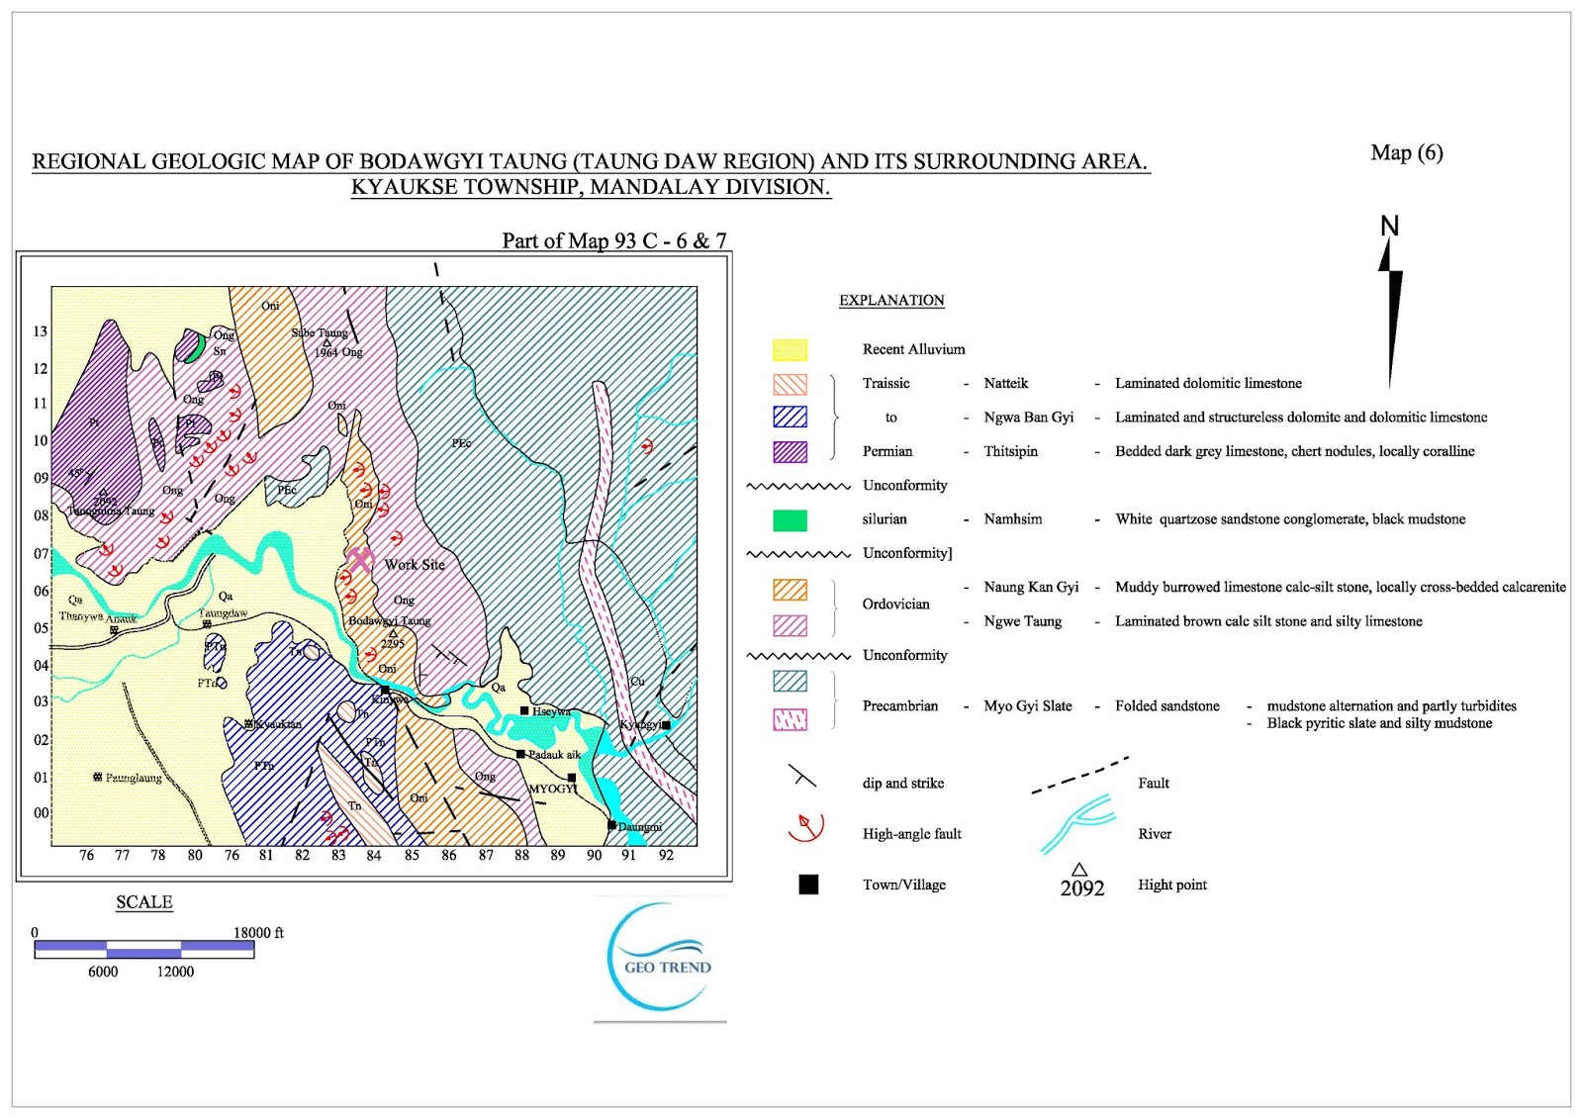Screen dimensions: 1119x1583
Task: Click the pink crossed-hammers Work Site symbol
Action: click(360, 560)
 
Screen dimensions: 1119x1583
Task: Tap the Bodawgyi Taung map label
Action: click(389, 621)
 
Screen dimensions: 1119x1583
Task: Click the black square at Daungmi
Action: click(611, 825)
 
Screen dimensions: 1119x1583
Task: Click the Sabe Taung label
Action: click(319, 333)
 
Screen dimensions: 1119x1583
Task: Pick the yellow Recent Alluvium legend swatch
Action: click(790, 349)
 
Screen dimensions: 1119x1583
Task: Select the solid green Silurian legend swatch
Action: click(790, 519)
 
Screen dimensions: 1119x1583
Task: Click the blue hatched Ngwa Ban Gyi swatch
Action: click(790, 418)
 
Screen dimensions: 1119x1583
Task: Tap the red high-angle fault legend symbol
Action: click(805, 827)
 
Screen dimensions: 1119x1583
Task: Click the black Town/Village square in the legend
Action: click(808, 885)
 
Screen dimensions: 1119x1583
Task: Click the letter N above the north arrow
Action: click(1389, 227)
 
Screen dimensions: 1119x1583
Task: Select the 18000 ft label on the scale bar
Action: click(258, 933)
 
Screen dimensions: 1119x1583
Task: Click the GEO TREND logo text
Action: click(667, 968)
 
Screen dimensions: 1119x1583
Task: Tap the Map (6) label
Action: click(1406, 152)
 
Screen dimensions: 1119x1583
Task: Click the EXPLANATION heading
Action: click(891, 301)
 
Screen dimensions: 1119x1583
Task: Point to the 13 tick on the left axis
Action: click(40, 331)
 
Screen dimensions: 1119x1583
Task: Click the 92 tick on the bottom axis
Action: click(666, 856)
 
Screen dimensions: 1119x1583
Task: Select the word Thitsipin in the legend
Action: click(1010, 451)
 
